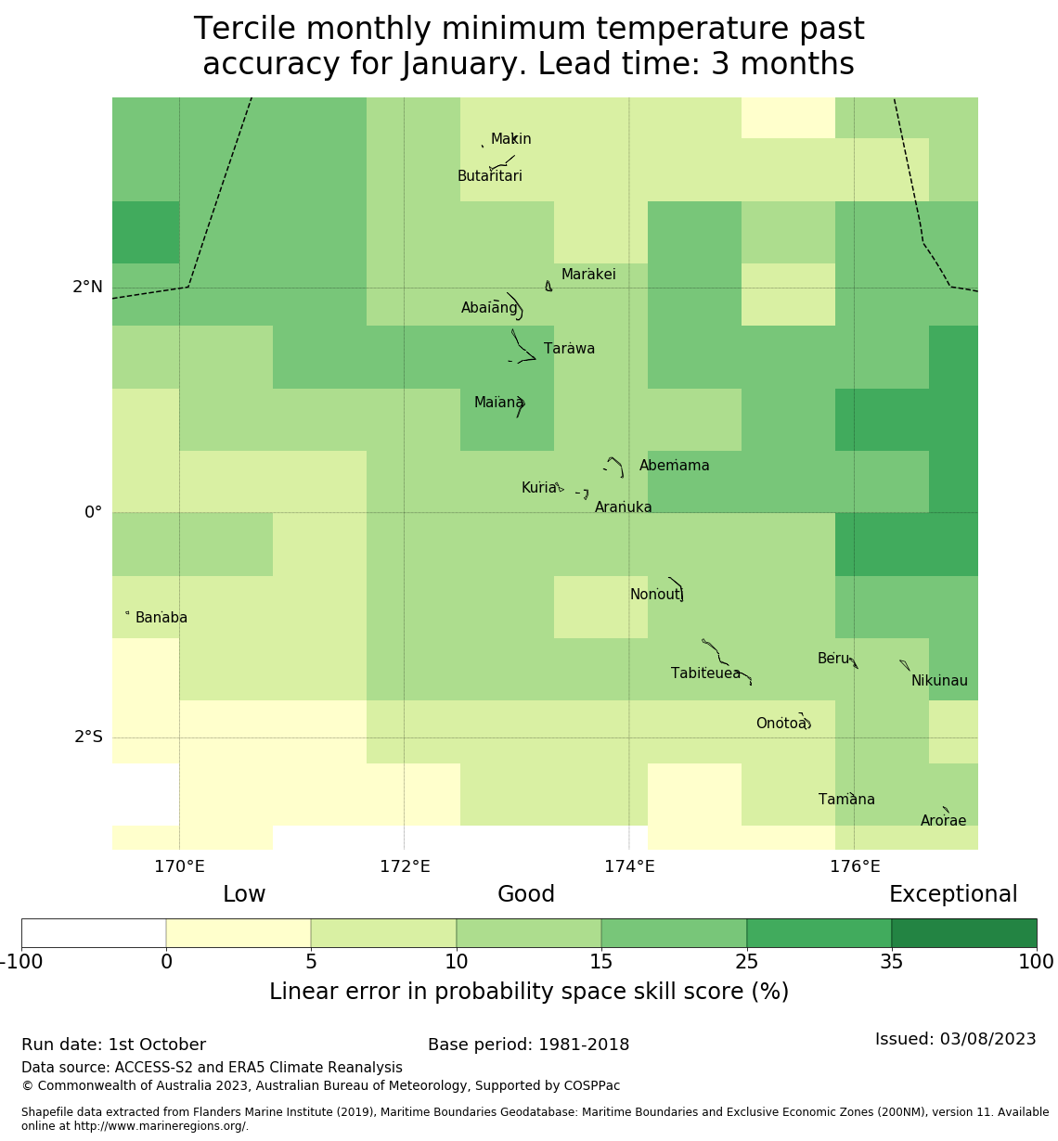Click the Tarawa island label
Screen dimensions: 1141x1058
click(569, 349)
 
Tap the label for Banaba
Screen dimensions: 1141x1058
click(161, 618)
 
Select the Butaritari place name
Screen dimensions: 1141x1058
click(489, 176)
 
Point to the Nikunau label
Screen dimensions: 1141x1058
click(939, 681)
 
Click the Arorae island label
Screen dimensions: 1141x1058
click(943, 821)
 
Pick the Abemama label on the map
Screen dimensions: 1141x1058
click(674, 466)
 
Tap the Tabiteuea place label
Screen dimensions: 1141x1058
click(705, 673)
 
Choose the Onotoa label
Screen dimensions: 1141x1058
click(781, 724)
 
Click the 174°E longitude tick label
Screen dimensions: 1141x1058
click(629, 867)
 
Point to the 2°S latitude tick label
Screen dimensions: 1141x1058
click(88, 737)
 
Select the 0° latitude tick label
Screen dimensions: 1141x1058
click(93, 513)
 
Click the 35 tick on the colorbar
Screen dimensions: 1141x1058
click(892, 962)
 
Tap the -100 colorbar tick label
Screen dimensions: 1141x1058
click(21, 962)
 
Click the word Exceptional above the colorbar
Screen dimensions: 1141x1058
click(953, 894)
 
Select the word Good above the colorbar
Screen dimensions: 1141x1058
click(526, 894)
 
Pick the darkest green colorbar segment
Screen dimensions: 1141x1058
click(964, 933)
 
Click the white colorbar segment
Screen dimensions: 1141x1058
click(94, 933)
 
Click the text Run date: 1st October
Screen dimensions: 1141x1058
click(113, 1045)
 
